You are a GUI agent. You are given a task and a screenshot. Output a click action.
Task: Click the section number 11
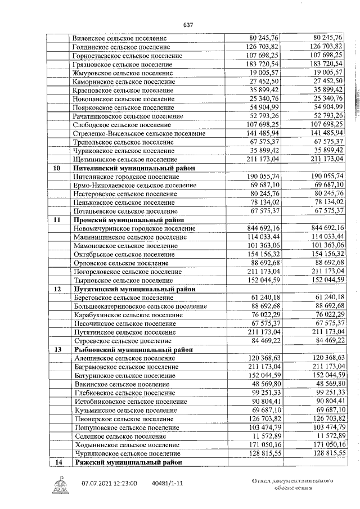[57, 220]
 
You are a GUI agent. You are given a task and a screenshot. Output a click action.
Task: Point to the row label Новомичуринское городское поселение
[134, 228]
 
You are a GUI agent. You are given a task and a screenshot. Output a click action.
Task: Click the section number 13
[57, 349]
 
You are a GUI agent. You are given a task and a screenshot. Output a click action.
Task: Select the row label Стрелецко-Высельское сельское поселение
[139, 133]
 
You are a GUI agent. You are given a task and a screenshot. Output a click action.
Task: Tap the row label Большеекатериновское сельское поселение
[140, 307]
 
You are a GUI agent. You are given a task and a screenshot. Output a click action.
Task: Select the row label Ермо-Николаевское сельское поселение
[134, 185]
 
